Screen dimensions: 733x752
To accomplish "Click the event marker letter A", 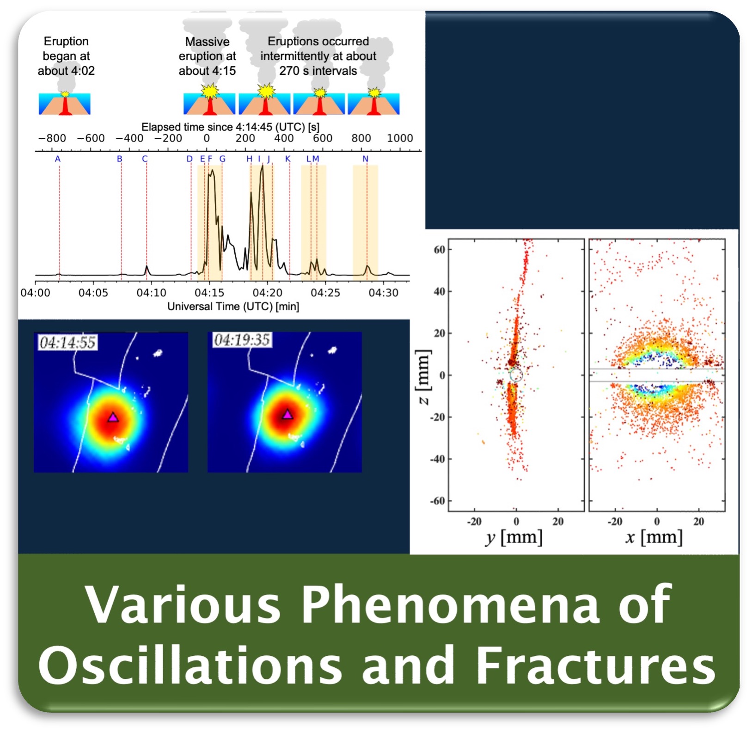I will click(x=58, y=159).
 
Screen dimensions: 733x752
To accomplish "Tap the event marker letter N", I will click(x=365, y=159).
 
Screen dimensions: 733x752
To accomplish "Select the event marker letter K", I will click(x=288, y=159).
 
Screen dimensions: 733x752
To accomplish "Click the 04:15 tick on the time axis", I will click(x=209, y=293).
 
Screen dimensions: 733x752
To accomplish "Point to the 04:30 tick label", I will click(x=383, y=293).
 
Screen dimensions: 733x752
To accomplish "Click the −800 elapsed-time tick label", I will click(x=52, y=138).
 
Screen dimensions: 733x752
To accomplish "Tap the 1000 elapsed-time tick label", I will click(x=400, y=138).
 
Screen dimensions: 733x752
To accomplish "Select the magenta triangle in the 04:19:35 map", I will click(x=287, y=414).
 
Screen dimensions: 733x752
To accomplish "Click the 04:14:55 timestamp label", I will click(x=67, y=343).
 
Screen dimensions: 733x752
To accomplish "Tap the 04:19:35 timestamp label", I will click(x=242, y=340).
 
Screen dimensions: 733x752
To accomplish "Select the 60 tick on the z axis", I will click(x=439, y=250).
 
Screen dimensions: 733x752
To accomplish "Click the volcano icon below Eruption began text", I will click(x=65, y=103).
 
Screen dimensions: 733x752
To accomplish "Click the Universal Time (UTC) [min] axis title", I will click(x=233, y=307).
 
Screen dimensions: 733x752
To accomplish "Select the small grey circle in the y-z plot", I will click(x=516, y=375).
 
